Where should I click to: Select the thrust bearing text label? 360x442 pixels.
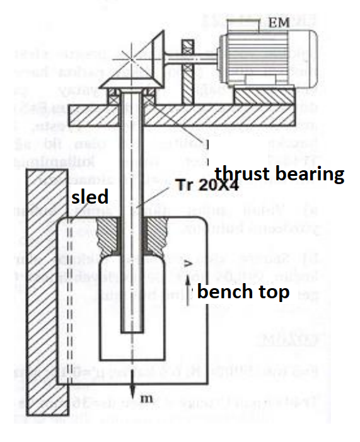pos(279,174)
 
